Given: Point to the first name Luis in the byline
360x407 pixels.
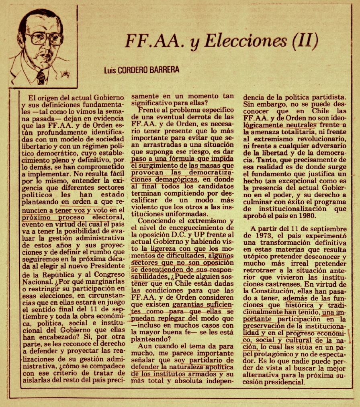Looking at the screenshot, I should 110,70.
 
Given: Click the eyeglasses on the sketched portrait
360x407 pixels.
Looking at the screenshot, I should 43,38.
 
